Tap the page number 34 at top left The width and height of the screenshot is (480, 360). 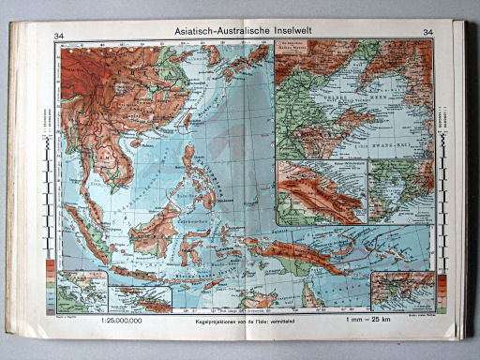pyautogui.click(x=60, y=35)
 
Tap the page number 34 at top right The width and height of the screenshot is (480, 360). pyautogui.click(x=428, y=35)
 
